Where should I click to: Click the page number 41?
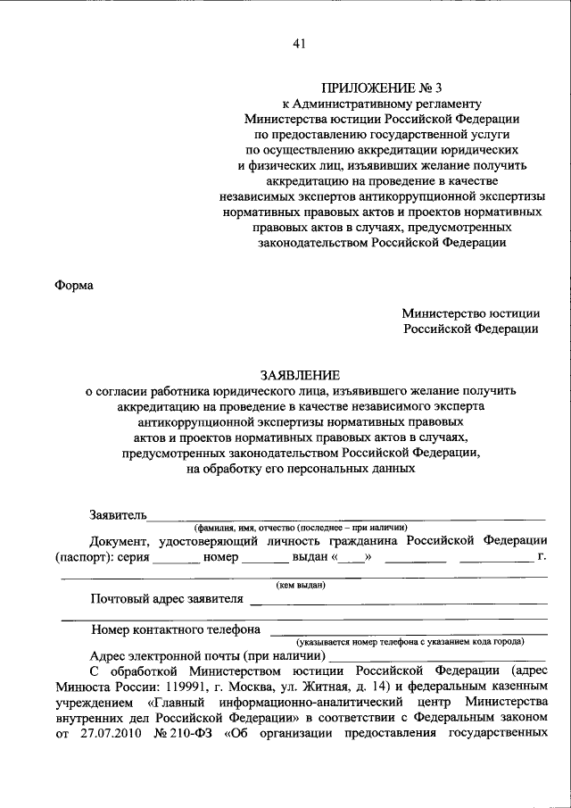(299, 46)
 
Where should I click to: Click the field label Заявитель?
(118, 514)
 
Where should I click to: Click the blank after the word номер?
(264, 559)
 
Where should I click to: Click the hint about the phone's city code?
(410, 641)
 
